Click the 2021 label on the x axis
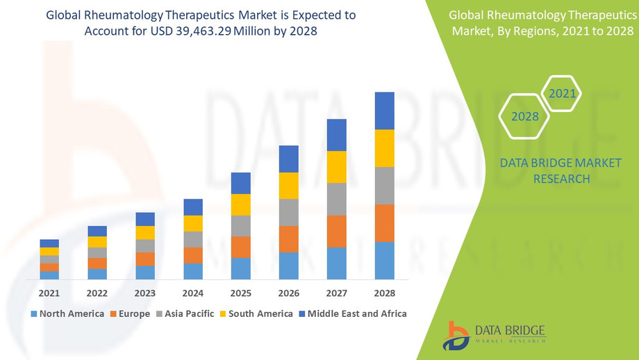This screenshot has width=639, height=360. click(49, 293)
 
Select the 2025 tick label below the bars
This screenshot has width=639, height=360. click(241, 293)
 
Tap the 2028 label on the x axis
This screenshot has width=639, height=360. click(384, 293)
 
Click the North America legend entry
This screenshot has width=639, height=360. click(67, 313)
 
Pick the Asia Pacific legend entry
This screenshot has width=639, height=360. click(185, 313)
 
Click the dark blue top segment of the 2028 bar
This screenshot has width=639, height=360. click(384, 111)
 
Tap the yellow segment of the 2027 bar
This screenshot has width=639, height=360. click(337, 167)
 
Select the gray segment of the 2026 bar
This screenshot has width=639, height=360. click(289, 212)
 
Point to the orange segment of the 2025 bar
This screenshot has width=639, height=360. click(241, 247)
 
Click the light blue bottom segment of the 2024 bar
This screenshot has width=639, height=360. click(193, 271)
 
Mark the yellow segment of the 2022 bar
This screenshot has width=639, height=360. click(97, 242)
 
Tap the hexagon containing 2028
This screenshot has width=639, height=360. click(525, 116)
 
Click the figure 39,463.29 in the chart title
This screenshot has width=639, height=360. click(208, 32)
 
